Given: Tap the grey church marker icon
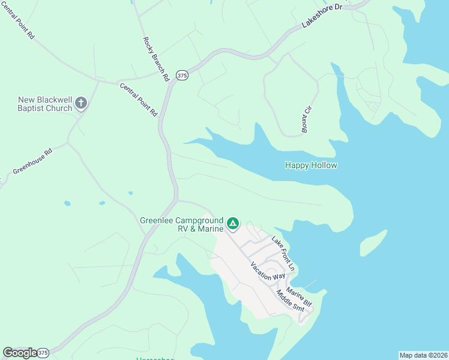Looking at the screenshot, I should pyautogui.click(x=82, y=104).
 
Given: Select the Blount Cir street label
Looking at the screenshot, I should pyautogui.click(x=308, y=119).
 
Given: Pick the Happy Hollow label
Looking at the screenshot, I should pyautogui.click(x=311, y=165).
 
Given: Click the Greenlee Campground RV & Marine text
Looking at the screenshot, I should pyautogui.click(x=181, y=224).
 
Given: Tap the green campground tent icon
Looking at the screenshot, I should pyautogui.click(x=233, y=224).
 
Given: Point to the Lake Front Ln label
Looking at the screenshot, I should pyautogui.click(x=283, y=252).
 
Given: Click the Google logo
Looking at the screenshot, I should pyautogui.click(x=19, y=353).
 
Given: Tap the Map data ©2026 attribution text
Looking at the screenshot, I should pyautogui.click(x=423, y=355).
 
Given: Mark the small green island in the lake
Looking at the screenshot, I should pyautogui.click(x=373, y=242).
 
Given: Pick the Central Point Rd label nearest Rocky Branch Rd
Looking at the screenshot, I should pyautogui.click(x=138, y=100).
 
